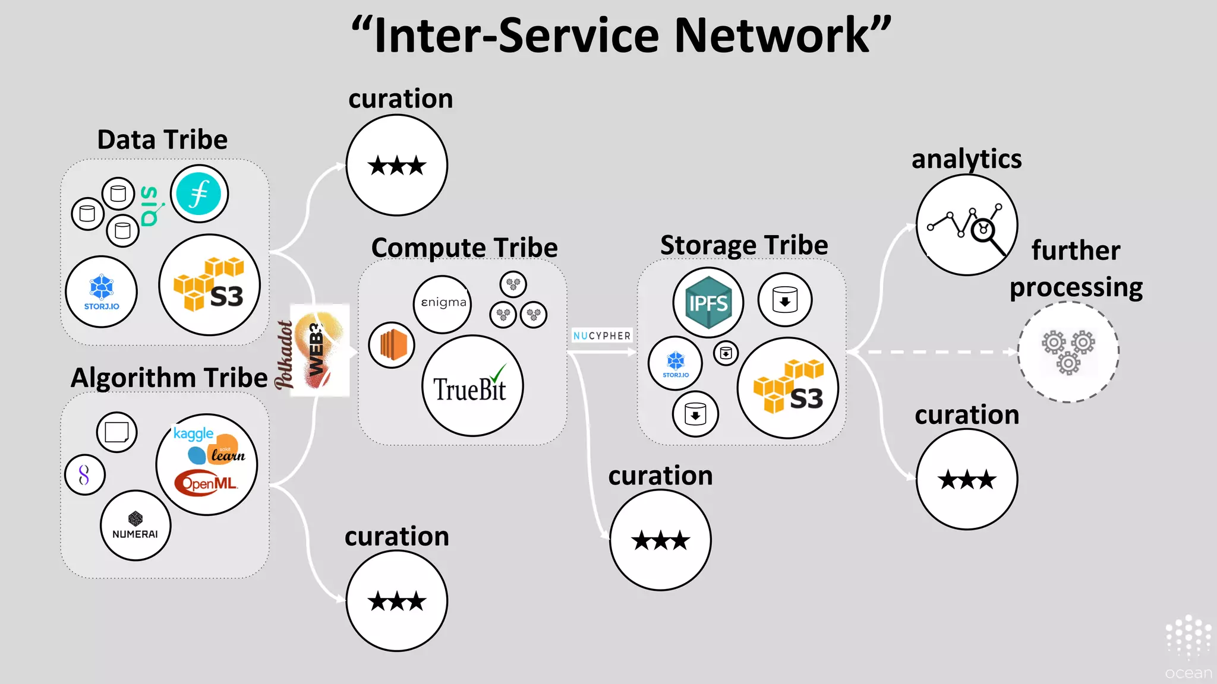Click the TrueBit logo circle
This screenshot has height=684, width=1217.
click(472, 386)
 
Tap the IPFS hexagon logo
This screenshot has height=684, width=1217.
click(708, 303)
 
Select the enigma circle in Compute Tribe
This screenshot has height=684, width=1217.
click(443, 303)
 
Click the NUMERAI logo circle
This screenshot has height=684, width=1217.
click(135, 525)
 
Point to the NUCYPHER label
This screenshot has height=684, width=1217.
click(601, 335)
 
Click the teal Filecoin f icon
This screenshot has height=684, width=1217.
click(200, 194)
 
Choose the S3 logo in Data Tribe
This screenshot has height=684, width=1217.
click(210, 285)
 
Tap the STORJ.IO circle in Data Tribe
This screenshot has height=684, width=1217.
click(102, 292)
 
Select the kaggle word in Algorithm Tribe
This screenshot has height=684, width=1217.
click(193, 433)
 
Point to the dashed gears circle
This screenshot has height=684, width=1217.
click(1068, 352)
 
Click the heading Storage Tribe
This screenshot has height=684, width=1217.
click(744, 245)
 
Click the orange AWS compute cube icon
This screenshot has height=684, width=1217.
click(392, 345)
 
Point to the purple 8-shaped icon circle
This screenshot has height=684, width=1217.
click(84, 474)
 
